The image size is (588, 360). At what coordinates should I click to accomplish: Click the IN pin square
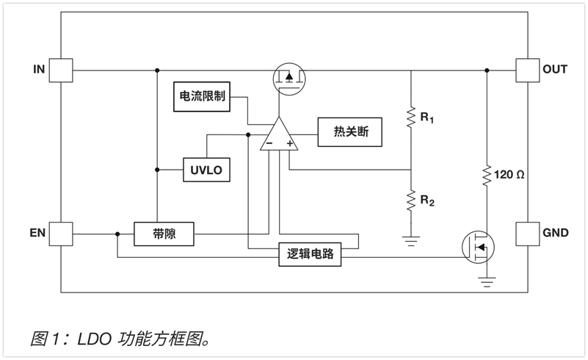pos(61,71)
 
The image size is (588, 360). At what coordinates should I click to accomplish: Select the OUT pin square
pos(528,71)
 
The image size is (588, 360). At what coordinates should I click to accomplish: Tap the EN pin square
pos(61,234)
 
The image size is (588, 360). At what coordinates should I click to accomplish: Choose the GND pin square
pos(528,234)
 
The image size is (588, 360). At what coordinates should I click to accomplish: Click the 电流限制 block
pos(202,96)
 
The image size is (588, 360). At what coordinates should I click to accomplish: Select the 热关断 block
pos(350,132)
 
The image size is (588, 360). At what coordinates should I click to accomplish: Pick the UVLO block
pos(206,170)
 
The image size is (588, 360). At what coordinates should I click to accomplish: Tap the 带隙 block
pos(164,234)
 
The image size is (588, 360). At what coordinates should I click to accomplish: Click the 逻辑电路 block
pos(310,254)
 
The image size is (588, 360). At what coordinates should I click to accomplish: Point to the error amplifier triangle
pos(279,134)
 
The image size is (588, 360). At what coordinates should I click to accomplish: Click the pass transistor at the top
pos(289,79)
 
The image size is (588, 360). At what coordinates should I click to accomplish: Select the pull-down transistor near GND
pos(478,248)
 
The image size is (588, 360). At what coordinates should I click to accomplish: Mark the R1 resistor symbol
pos(411,117)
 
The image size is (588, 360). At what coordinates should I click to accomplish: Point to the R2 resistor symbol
pos(411,201)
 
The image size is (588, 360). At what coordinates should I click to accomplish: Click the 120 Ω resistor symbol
pos(487,176)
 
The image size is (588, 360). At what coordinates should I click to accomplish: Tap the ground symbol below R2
pos(411,241)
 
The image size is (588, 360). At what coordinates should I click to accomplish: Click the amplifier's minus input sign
pos(269,143)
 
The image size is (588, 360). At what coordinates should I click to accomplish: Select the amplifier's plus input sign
pos(289,143)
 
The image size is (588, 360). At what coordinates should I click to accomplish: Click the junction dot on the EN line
pos(117,234)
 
